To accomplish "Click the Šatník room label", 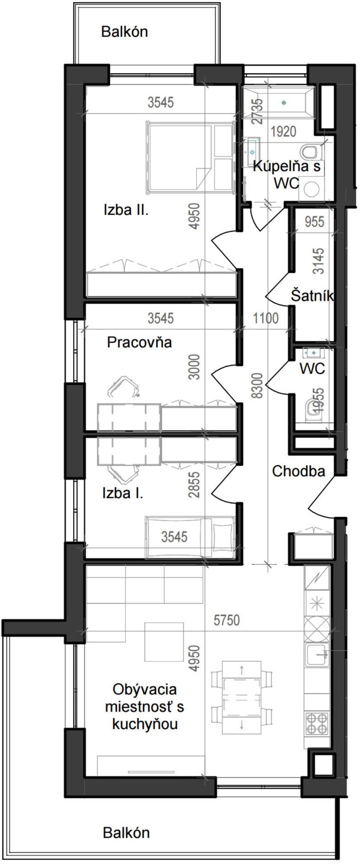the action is [x=312, y=296].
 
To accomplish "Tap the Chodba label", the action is [x=299, y=471].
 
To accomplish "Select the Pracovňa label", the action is [x=139, y=342].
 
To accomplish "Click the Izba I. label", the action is [x=123, y=493].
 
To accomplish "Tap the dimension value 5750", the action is [x=227, y=620].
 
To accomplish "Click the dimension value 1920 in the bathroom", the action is [x=283, y=131].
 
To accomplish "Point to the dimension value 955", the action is [x=314, y=222].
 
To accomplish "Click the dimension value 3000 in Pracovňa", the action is [x=195, y=367].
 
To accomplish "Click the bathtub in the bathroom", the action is [x=279, y=102].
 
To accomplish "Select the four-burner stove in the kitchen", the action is [x=317, y=723].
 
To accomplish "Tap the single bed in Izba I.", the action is [x=190, y=537].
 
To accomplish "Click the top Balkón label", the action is [x=125, y=32].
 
